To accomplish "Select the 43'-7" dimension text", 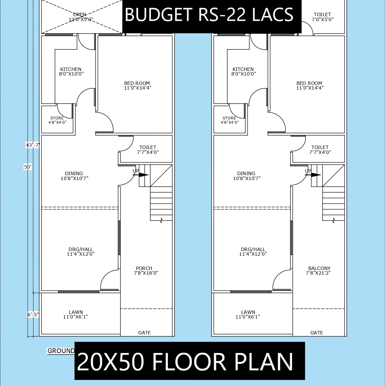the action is tap(33, 145).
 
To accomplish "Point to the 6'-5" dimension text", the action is tap(33, 315).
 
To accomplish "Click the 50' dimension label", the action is tap(28, 167).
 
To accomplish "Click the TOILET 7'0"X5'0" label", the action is tap(322, 17).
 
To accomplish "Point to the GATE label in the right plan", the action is tap(317, 333).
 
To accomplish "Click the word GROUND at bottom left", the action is tap(61, 351).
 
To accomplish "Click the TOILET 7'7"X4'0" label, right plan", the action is tap(320, 150).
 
